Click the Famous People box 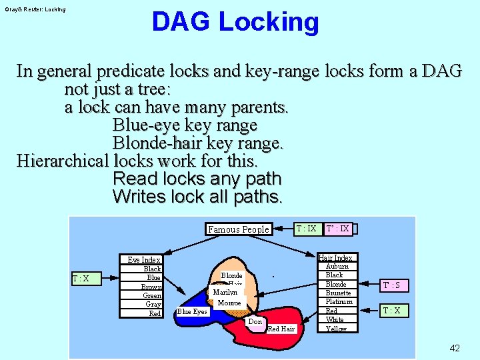pos(239,229)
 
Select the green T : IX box pos(307,229)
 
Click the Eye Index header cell pos(144,260)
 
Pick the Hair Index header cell pos(335,257)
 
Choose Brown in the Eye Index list pos(151,287)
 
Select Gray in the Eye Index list pos(153,305)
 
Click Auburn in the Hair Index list pos(337,266)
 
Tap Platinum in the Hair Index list pos(338,302)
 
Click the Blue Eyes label pos(192,311)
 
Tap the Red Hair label pos(281,328)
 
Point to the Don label pos(255,322)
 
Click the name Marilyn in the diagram pos(225,293)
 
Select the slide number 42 pos(455,348)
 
